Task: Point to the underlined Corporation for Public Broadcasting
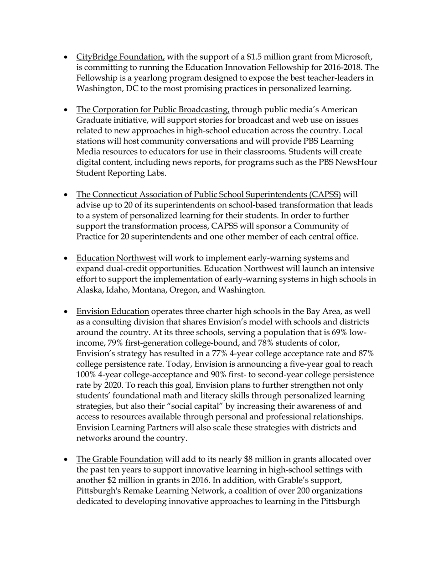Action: point(153,109)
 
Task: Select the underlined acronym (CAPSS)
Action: point(325,194)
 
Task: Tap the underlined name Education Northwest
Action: point(116,258)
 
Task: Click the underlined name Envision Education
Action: point(113,312)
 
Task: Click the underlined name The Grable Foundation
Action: point(119,459)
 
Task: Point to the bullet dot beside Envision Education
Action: point(66,312)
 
